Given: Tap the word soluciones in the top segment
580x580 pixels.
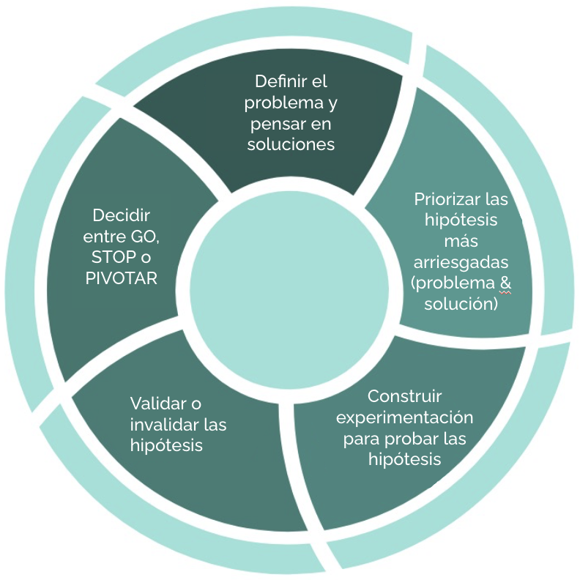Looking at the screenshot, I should (x=291, y=144).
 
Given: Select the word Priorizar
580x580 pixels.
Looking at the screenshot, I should (x=443, y=199).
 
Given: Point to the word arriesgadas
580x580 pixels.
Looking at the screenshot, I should (x=461, y=262).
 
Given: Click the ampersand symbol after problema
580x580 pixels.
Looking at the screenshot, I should (x=505, y=283).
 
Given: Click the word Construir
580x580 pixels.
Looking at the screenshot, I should (x=405, y=396).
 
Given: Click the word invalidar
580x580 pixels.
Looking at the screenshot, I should (x=164, y=425).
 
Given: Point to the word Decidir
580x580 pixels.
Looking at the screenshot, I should (x=122, y=216).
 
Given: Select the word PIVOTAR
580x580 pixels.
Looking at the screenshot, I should (x=122, y=279).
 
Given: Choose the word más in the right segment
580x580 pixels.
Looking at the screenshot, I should (x=461, y=241).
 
